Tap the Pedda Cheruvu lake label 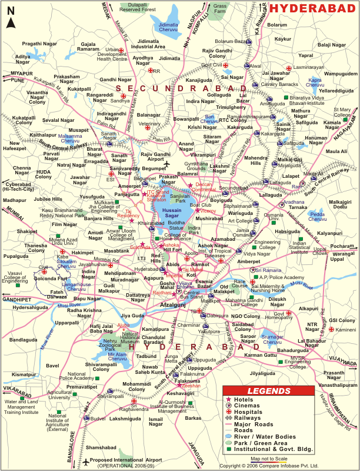point(318,215)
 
